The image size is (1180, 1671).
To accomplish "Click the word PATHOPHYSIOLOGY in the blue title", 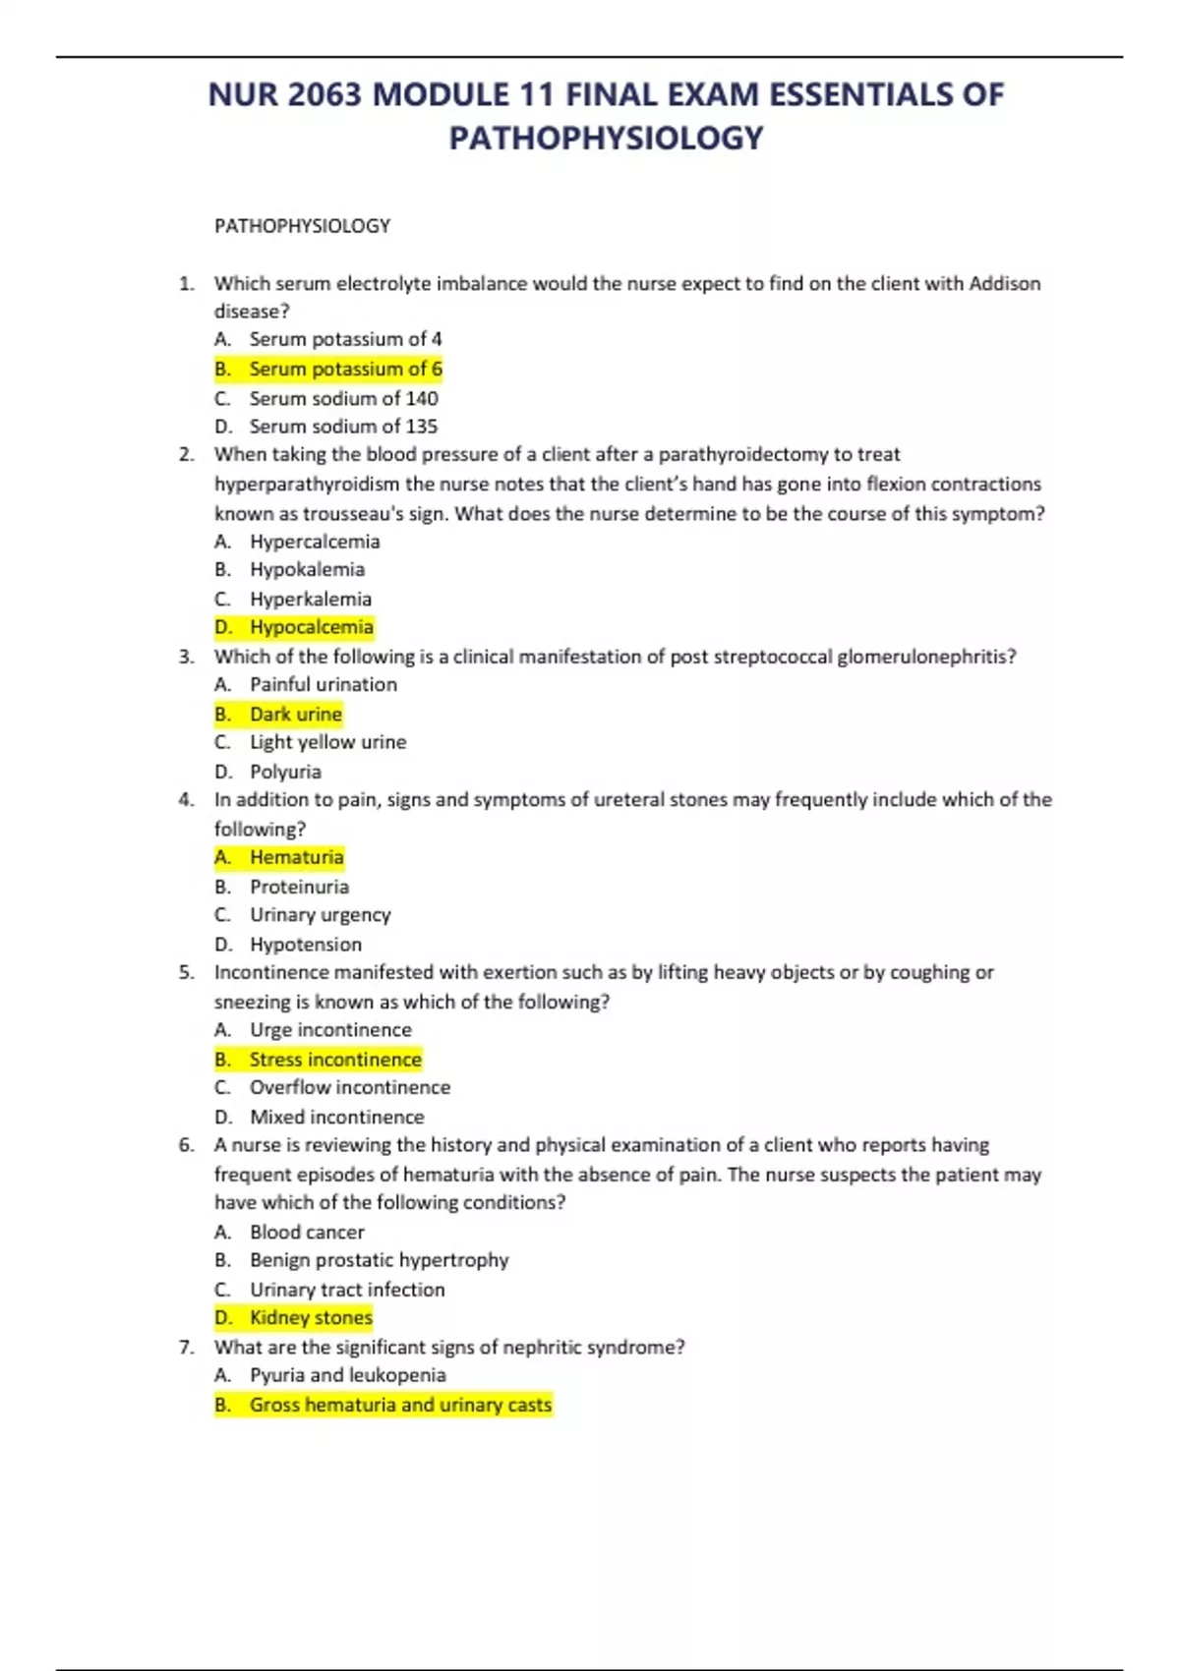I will coord(606,138).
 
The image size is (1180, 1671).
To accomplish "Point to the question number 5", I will coord(186,972).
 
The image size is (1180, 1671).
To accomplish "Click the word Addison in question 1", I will coord(1004,283).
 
